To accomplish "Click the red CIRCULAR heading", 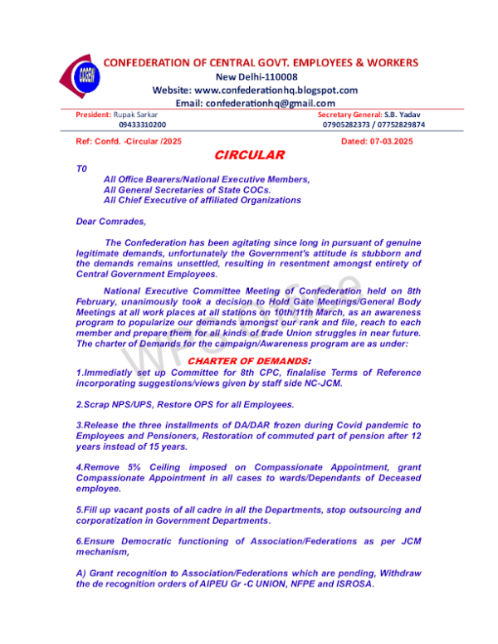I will pyautogui.click(x=249, y=155).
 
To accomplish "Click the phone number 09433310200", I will pyautogui.click(x=142, y=124).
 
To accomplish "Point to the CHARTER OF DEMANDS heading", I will pyautogui.click(x=249, y=361).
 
